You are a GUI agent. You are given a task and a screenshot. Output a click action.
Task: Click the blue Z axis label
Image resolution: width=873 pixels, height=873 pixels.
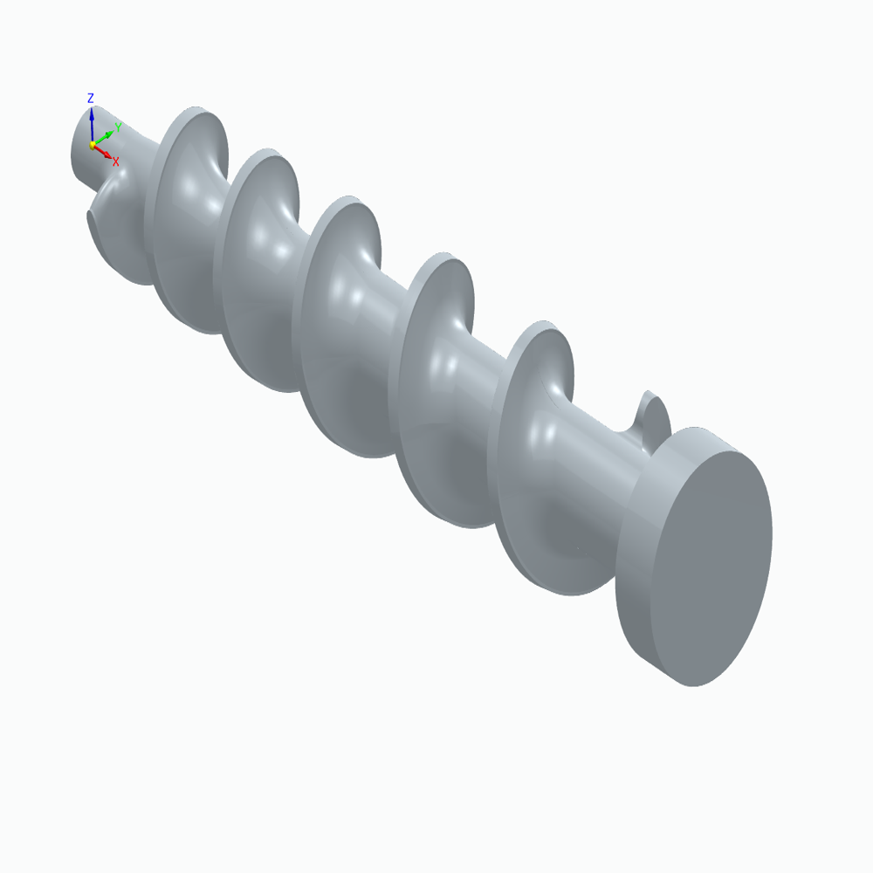(90, 99)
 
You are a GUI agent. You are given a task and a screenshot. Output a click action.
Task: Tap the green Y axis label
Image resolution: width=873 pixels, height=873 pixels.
(118, 127)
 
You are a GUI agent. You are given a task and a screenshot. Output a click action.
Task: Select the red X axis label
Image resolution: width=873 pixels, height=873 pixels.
(115, 161)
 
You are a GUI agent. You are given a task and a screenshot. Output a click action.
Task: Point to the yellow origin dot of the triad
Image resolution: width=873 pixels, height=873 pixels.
(92, 145)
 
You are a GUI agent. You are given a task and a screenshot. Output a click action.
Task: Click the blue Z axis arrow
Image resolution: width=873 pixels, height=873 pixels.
(91, 122)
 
